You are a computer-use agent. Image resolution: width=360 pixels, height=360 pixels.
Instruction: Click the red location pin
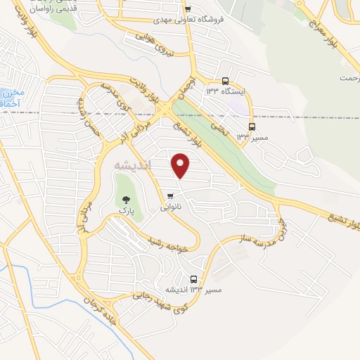181,165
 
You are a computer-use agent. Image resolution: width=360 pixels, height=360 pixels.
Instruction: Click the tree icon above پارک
127,199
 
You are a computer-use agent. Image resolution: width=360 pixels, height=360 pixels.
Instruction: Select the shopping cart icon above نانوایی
171,196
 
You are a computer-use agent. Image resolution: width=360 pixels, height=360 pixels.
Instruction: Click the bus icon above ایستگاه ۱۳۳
225,81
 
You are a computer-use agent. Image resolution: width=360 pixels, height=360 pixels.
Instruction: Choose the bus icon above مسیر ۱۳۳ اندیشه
194,279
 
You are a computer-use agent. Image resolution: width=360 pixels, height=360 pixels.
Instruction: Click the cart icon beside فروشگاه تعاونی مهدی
187,9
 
